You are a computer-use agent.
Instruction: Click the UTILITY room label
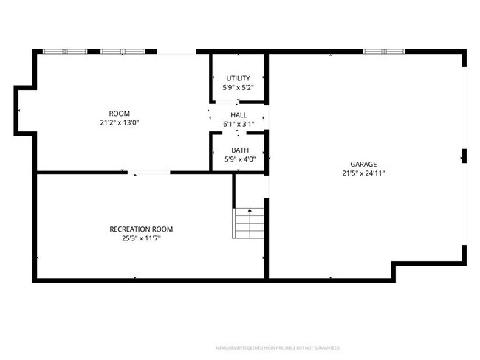pyautogui.click(x=238, y=78)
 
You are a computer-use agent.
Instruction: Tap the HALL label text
pyautogui.click(x=239, y=115)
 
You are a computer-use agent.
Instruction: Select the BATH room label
pyautogui.click(x=239, y=150)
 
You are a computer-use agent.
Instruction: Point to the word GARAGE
pyautogui.click(x=363, y=164)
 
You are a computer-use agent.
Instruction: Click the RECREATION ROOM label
pyautogui.click(x=141, y=229)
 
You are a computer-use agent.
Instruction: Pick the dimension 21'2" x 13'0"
pyautogui.click(x=120, y=122)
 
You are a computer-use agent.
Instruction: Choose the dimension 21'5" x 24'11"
pyautogui.click(x=363, y=173)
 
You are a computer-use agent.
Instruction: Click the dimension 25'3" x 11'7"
pyautogui.click(x=141, y=238)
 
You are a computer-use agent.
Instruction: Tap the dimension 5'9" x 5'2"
pyautogui.click(x=238, y=87)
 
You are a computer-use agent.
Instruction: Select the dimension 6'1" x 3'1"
pyautogui.click(x=239, y=124)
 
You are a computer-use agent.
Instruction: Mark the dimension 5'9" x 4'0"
pyautogui.click(x=239, y=159)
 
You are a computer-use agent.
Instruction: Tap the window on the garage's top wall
pyautogui.click(x=383, y=52)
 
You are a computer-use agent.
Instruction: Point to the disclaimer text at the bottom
pyautogui.click(x=278, y=347)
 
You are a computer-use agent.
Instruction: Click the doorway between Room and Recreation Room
pyautogui.click(x=149, y=173)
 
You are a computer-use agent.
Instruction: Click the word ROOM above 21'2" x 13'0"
pyautogui.click(x=120, y=114)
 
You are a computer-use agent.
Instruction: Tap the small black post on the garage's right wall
pyautogui.click(x=464, y=156)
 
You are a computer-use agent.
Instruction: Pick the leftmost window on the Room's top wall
pyautogui.click(x=65, y=52)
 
